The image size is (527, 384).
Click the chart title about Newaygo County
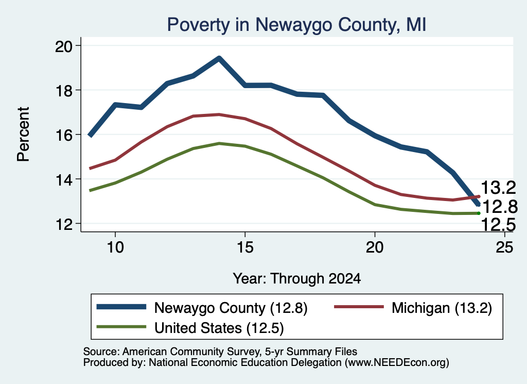click(296, 25)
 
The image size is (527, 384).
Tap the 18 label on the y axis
click(63, 91)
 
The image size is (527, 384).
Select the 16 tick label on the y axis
click(63, 135)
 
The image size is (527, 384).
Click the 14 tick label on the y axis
click(63, 180)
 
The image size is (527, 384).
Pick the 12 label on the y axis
click(63, 224)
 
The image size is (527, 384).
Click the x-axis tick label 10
click(115, 247)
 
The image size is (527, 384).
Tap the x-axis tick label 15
click(245, 247)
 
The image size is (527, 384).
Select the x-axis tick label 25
click(504, 247)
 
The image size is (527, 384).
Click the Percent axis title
click(23, 135)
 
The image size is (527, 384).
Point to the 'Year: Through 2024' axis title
click(297, 279)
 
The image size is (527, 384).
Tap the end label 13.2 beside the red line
click(498, 188)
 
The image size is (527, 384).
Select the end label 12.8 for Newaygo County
click(500, 206)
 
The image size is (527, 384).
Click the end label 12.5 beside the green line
click(498, 225)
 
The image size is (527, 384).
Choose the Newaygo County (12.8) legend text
click(231, 308)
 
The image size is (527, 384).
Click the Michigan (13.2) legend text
click(442, 308)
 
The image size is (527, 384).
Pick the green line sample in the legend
click(121, 327)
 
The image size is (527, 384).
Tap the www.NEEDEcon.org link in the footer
click(397, 362)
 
